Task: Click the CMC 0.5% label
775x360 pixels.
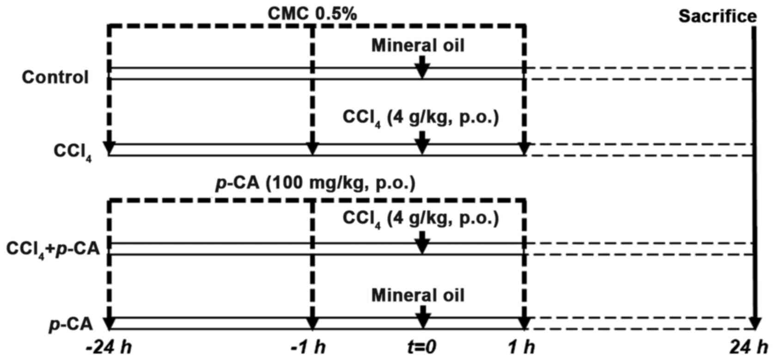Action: [x=312, y=13]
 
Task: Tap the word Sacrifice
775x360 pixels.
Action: [x=717, y=17]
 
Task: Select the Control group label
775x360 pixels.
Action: [x=55, y=77]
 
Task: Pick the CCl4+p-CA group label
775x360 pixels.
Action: [x=53, y=250]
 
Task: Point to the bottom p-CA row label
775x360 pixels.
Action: [x=71, y=324]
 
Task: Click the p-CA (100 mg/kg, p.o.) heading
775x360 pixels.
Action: [x=316, y=183]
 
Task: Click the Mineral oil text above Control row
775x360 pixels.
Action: [x=418, y=45]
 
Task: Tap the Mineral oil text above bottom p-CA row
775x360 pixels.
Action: [x=418, y=295]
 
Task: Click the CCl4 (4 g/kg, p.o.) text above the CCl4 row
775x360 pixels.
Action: [x=421, y=117]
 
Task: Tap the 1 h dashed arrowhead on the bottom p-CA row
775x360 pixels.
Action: [x=524, y=322]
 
